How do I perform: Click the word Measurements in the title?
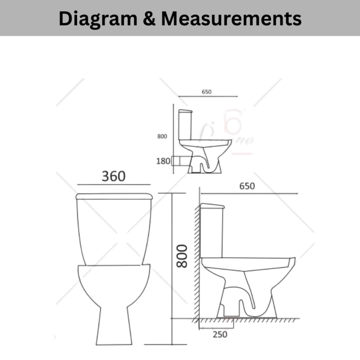(231, 18)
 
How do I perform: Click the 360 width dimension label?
(113, 176)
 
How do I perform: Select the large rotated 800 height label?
(182, 256)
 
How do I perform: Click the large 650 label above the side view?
(247, 186)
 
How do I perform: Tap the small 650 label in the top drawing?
(206, 92)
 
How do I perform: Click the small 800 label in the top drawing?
(162, 136)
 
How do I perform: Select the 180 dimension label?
(163, 161)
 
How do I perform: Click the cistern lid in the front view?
(114, 196)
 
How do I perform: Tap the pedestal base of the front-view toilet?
(114, 324)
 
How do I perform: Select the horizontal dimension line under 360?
(113, 184)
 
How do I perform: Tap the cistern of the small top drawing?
(184, 125)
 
